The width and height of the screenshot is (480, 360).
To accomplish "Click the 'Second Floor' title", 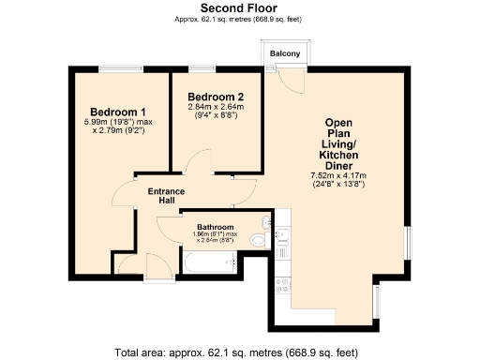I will (239, 7).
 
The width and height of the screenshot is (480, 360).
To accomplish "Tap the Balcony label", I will (285, 54).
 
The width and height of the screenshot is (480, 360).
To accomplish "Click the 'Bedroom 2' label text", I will (216, 97).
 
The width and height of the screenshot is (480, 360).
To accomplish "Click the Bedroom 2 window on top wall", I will (201, 66).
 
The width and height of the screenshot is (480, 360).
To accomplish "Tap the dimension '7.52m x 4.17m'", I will (337, 175).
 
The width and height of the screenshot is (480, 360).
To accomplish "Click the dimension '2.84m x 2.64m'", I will (216, 109).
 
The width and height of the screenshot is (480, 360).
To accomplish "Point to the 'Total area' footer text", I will (239, 352).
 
